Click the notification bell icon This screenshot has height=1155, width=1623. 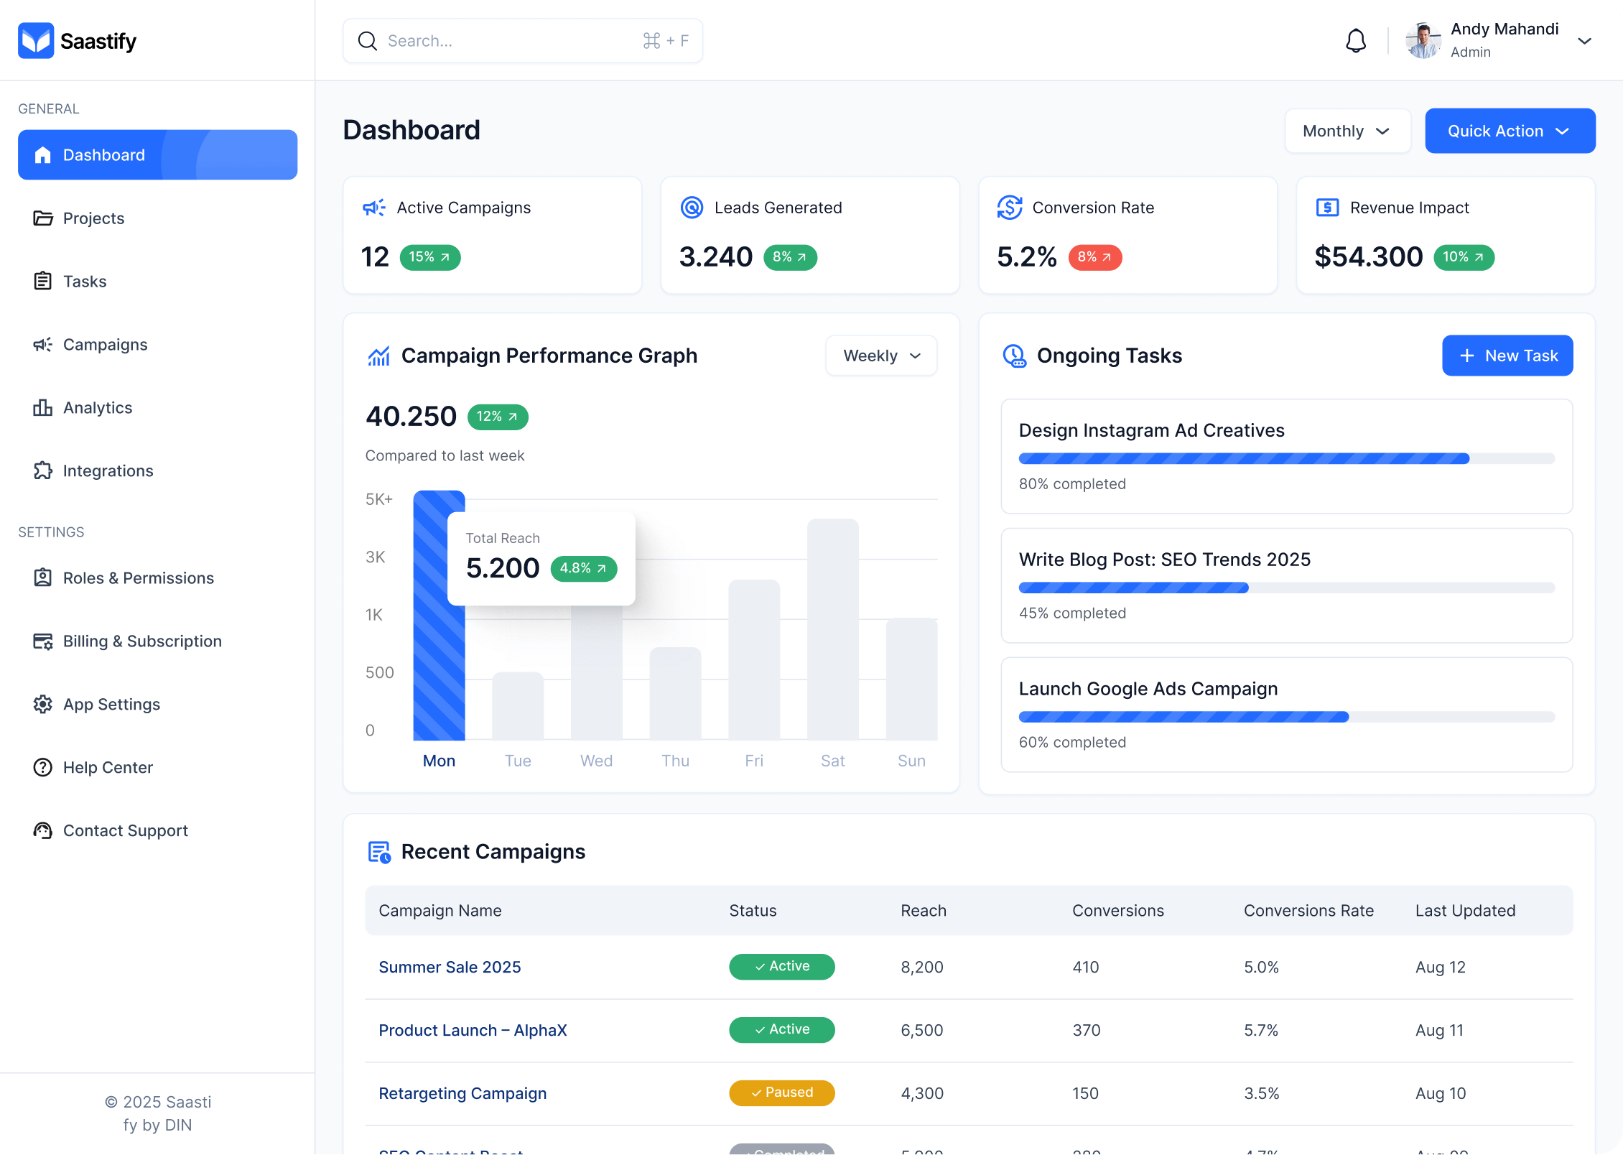pyautogui.click(x=1355, y=41)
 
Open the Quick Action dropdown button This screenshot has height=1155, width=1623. pyautogui.click(x=1510, y=131)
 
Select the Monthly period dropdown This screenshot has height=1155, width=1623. pyautogui.click(x=1347, y=131)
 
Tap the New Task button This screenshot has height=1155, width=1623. pyautogui.click(x=1507, y=356)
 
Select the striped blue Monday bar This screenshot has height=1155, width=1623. pyautogui.click(x=439, y=646)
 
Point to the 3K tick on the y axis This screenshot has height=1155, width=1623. pyautogui.click(x=376, y=557)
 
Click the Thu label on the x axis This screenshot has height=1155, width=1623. pyautogui.click(x=675, y=761)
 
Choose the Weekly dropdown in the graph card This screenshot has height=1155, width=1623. pyautogui.click(x=880, y=356)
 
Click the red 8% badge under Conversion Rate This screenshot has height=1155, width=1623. pyautogui.click(x=1094, y=257)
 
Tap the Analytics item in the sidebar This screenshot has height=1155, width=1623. pyautogui.click(x=98, y=408)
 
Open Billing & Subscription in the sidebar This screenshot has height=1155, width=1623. pyautogui.click(x=142, y=641)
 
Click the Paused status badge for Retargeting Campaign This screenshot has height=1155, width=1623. pyautogui.click(x=781, y=1093)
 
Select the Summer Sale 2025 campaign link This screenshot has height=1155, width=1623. pyautogui.click(x=450, y=967)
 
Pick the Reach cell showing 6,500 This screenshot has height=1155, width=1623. pyautogui.click(x=922, y=1030)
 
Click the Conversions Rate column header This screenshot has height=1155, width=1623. pyautogui.click(x=1308, y=911)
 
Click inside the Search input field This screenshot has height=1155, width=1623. pyautogui.click(x=510, y=41)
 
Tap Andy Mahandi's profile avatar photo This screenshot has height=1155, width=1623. pyautogui.click(x=1423, y=41)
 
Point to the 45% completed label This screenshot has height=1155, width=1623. pyautogui.click(x=1072, y=613)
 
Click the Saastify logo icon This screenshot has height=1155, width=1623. pyautogui.click(x=36, y=41)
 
